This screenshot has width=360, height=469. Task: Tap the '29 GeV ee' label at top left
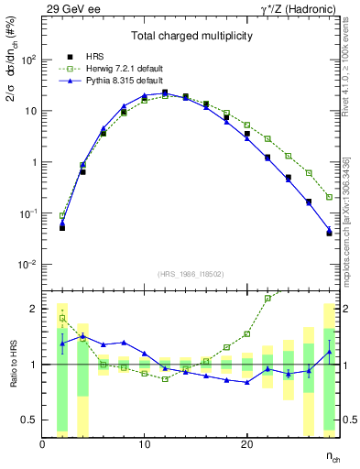[71, 8]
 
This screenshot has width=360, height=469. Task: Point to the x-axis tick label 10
[144, 444]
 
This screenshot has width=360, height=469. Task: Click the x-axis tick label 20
[246, 444]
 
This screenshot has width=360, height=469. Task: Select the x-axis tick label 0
[42, 444]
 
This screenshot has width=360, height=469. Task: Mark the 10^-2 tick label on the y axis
[26, 265]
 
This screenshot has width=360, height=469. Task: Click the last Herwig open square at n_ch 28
[329, 197]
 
